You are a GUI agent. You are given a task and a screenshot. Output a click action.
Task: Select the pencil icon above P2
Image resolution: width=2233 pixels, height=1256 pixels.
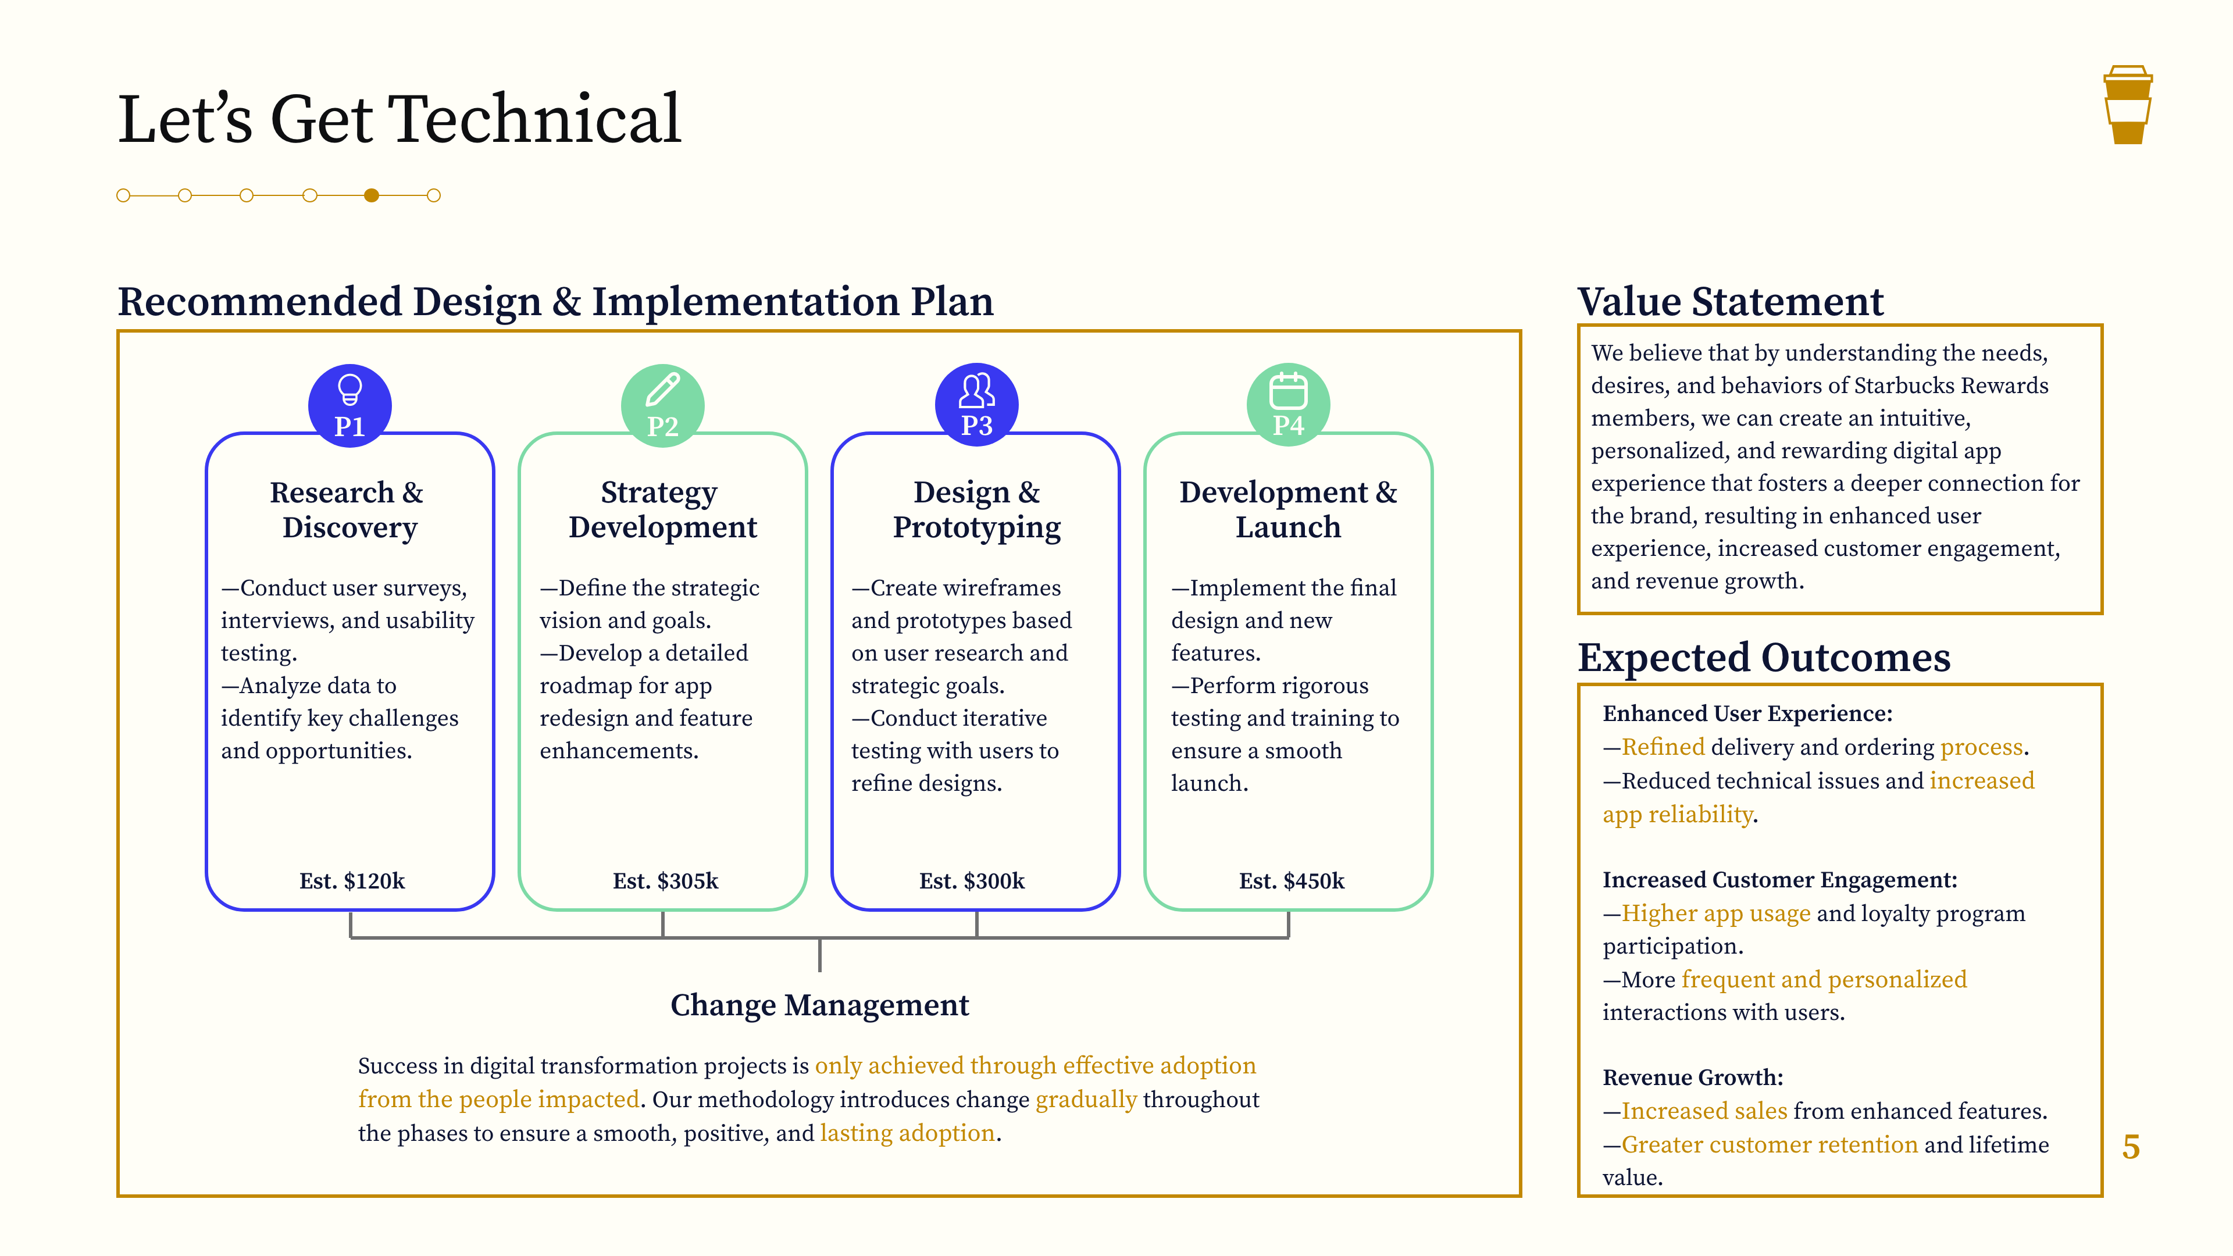pyautogui.click(x=663, y=389)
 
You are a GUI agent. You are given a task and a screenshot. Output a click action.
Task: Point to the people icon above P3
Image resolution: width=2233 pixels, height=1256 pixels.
pyautogui.click(x=976, y=391)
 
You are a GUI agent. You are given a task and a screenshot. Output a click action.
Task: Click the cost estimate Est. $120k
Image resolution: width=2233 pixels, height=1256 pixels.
pyautogui.click(x=352, y=881)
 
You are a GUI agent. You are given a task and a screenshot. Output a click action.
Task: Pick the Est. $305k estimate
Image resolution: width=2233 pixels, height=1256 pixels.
pyautogui.click(x=665, y=881)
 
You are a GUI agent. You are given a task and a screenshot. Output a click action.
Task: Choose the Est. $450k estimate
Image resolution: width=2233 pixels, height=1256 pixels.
pyautogui.click(x=1292, y=881)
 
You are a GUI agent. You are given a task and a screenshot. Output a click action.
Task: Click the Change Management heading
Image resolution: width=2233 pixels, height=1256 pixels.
pyautogui.click(x=819, y=1005)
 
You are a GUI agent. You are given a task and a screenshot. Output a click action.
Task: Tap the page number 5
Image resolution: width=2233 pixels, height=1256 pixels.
pyautogui.click(x=2131, y=1147)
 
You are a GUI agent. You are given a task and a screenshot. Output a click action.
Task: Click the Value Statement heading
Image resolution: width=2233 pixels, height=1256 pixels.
pyautogui.click(x=1730, y=302)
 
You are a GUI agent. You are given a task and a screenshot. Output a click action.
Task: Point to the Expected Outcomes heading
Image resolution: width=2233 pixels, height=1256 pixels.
pyautogui.click(x=1764, y=657)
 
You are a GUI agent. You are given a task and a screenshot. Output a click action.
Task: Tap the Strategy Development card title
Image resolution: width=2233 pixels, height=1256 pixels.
pyautogui.click(x=662, y=510)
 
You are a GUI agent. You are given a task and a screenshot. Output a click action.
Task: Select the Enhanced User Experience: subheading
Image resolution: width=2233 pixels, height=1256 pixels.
pyautogui.click(x=1747, y=713)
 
